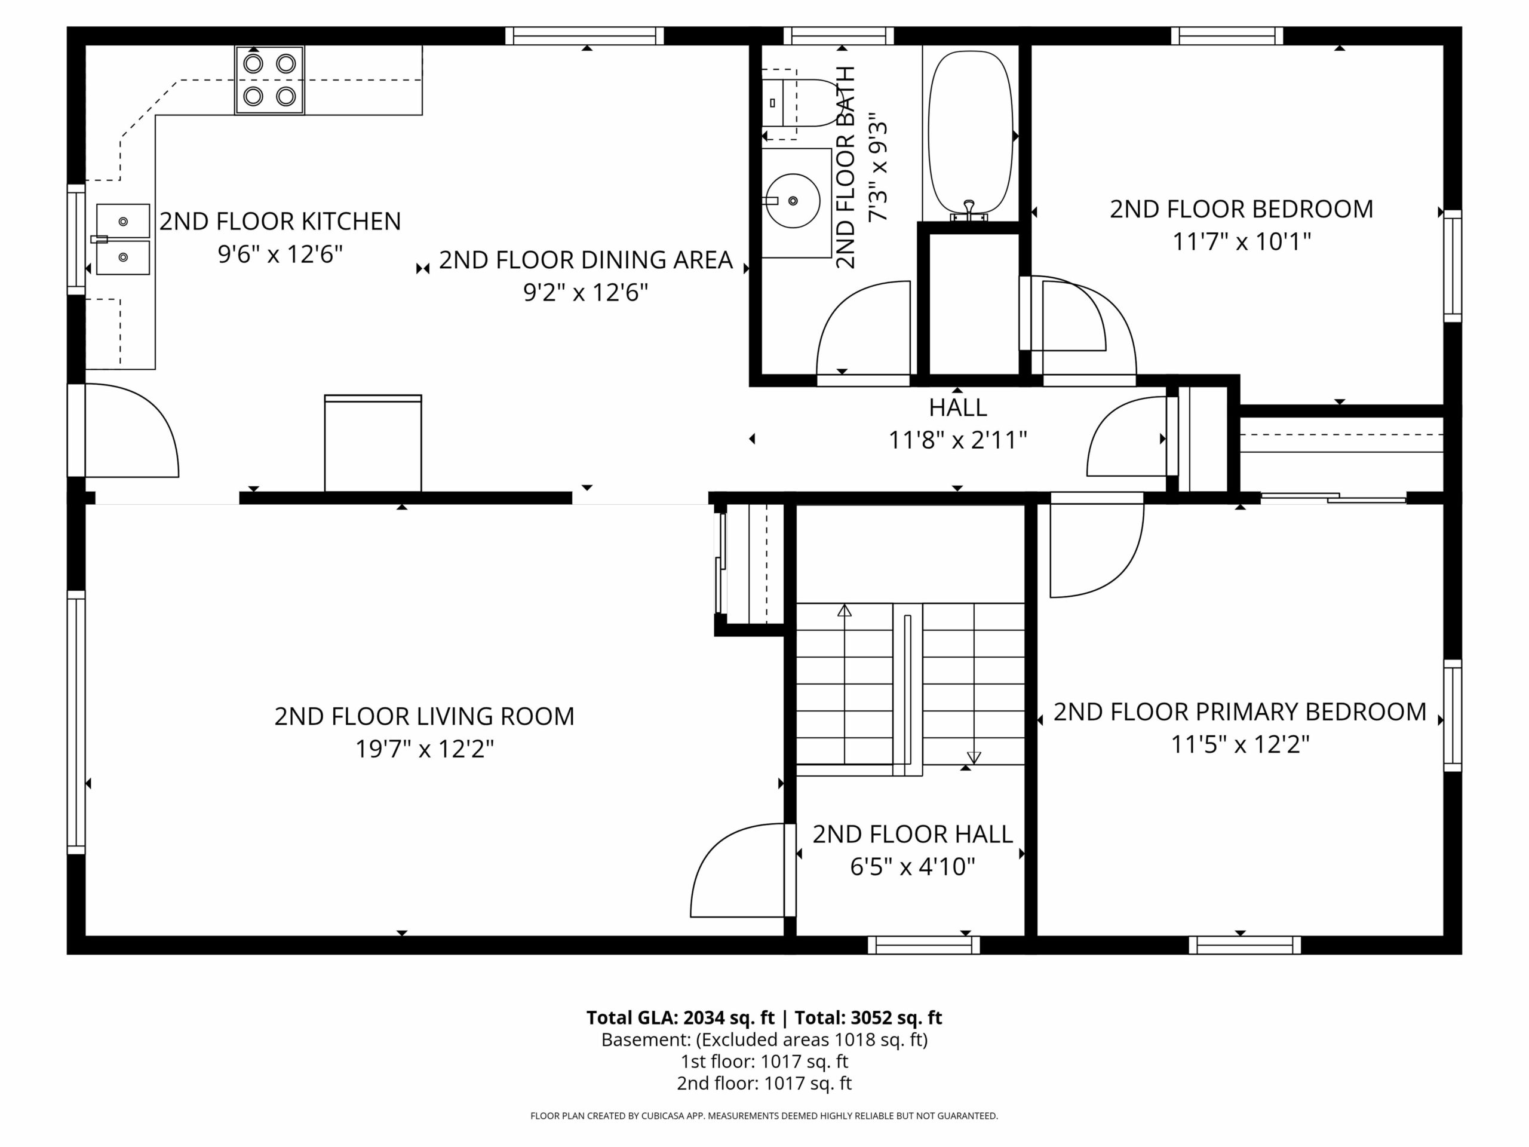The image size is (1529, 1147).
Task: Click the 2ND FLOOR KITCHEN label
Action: point(280,221)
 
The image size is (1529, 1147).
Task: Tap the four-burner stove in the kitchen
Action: point(269,80)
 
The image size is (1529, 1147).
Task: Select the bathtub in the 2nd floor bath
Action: point(971,135)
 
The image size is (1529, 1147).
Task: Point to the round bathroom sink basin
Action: point(793,201)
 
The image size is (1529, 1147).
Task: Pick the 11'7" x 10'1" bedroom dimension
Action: point(1242,242)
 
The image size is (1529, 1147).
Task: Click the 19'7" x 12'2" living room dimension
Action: point(425,749)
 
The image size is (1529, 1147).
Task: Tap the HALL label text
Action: point(957,408)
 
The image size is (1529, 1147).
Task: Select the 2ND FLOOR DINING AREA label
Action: point(585,260)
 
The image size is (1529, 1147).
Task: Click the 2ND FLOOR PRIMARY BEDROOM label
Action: point(1240,712)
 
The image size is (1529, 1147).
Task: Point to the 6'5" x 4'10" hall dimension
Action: point(913,866)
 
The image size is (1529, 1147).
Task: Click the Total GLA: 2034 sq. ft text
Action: point(680,1018)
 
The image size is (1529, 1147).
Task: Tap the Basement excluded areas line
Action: point(764,1040)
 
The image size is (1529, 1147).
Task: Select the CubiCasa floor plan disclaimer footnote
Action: point(764,1116)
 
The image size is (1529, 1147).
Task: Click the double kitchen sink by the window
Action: point(123,239)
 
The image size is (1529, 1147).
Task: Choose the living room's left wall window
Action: point(76,722)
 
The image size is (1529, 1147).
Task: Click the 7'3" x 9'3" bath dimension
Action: point(878,167)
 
